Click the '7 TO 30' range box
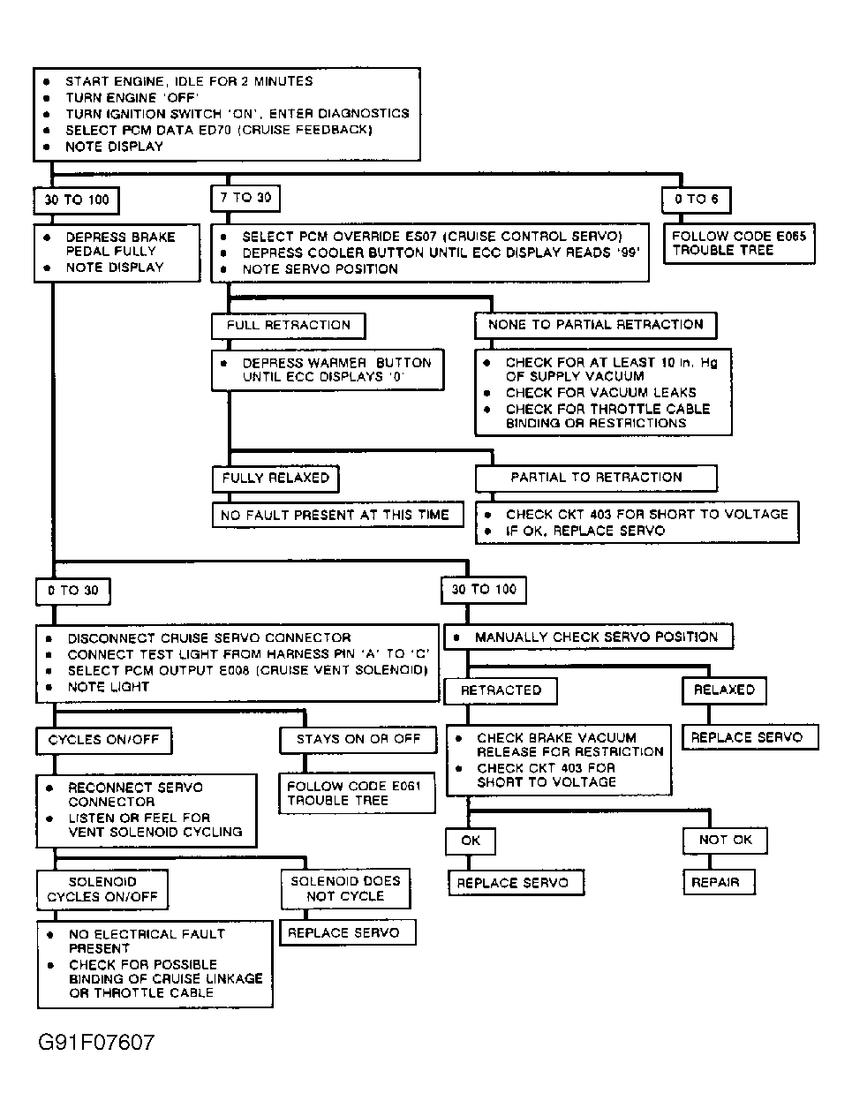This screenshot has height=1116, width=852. pyautogui.click(x=245, y=199)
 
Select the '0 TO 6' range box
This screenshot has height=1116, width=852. pyautogui.click(x=697, y=200)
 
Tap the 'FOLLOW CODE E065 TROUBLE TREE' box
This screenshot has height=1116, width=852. pyautogui.click(x=739, y=243)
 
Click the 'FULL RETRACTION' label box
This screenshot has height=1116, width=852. pyautogui.click(x=288, y=325)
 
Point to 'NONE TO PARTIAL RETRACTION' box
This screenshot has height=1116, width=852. pyautogui.click(x=595, y=325)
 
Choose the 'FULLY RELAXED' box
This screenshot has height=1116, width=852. pyautogui.click(x=275, y=479)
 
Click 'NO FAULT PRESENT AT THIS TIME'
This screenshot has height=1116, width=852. pyautogui.click(x=336, y=515)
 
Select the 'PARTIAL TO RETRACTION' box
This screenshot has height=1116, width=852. pyautogui.click(x=596, y=478)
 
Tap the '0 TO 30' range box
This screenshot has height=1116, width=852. pyautogui.click(x=73, y=591)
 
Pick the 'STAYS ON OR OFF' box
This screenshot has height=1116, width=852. pyautogui.click(x=358, y=739)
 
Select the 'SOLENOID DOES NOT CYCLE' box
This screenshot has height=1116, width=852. pyautogui.click(x=345, y=888)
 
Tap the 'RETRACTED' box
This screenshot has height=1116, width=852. pyautogui.click(x=501, y=690)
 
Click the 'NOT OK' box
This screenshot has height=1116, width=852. pyautogui.click(x=725, y=840)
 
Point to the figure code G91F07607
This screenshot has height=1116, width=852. pyautogui.click(x=96, y=1043)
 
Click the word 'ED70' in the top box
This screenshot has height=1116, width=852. pyautogui.click(x=217, y=130)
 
